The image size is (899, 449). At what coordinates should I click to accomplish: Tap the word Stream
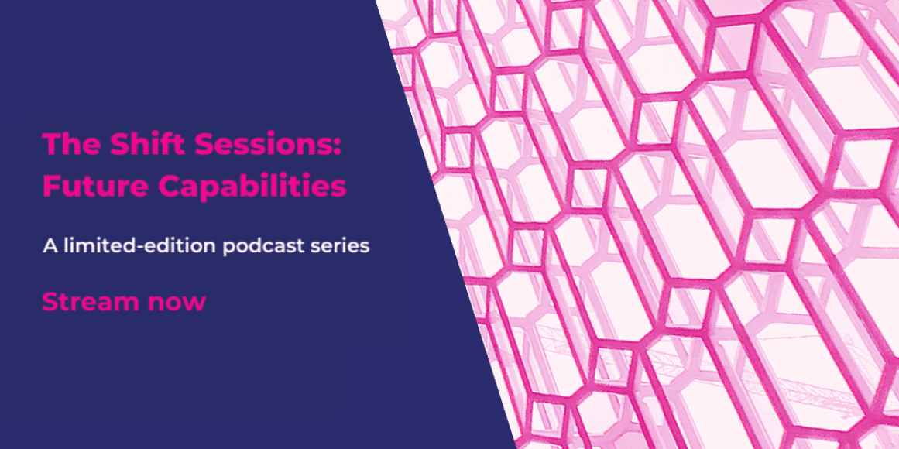[x=91, y=302]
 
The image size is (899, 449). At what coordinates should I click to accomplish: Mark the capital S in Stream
[x=50, y=302]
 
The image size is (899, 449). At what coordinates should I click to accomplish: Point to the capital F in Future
[x=50, y=187]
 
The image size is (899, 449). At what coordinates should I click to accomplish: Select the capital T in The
[x=52, y=143]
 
